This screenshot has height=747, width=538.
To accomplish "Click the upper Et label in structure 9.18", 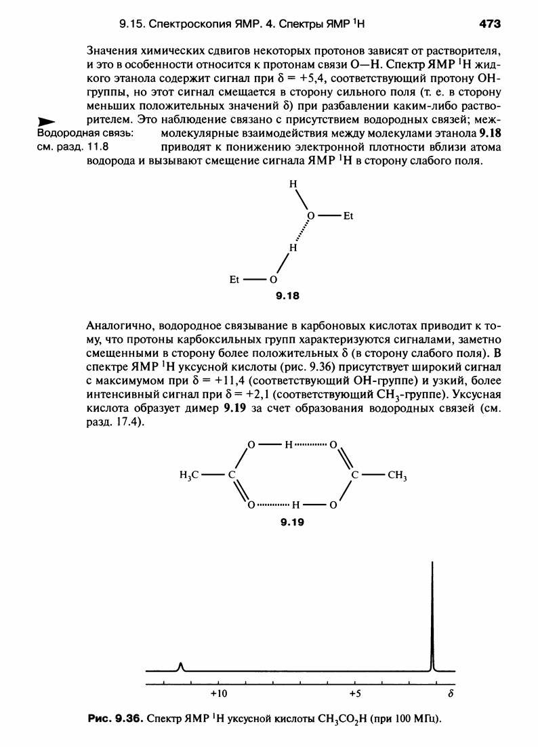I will coord(350,217).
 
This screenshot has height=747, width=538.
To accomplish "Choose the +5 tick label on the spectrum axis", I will coord(355,694).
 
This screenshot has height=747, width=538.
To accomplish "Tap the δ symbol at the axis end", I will coord(451,694).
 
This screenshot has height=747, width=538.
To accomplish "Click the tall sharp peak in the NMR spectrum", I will coord(432,610).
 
